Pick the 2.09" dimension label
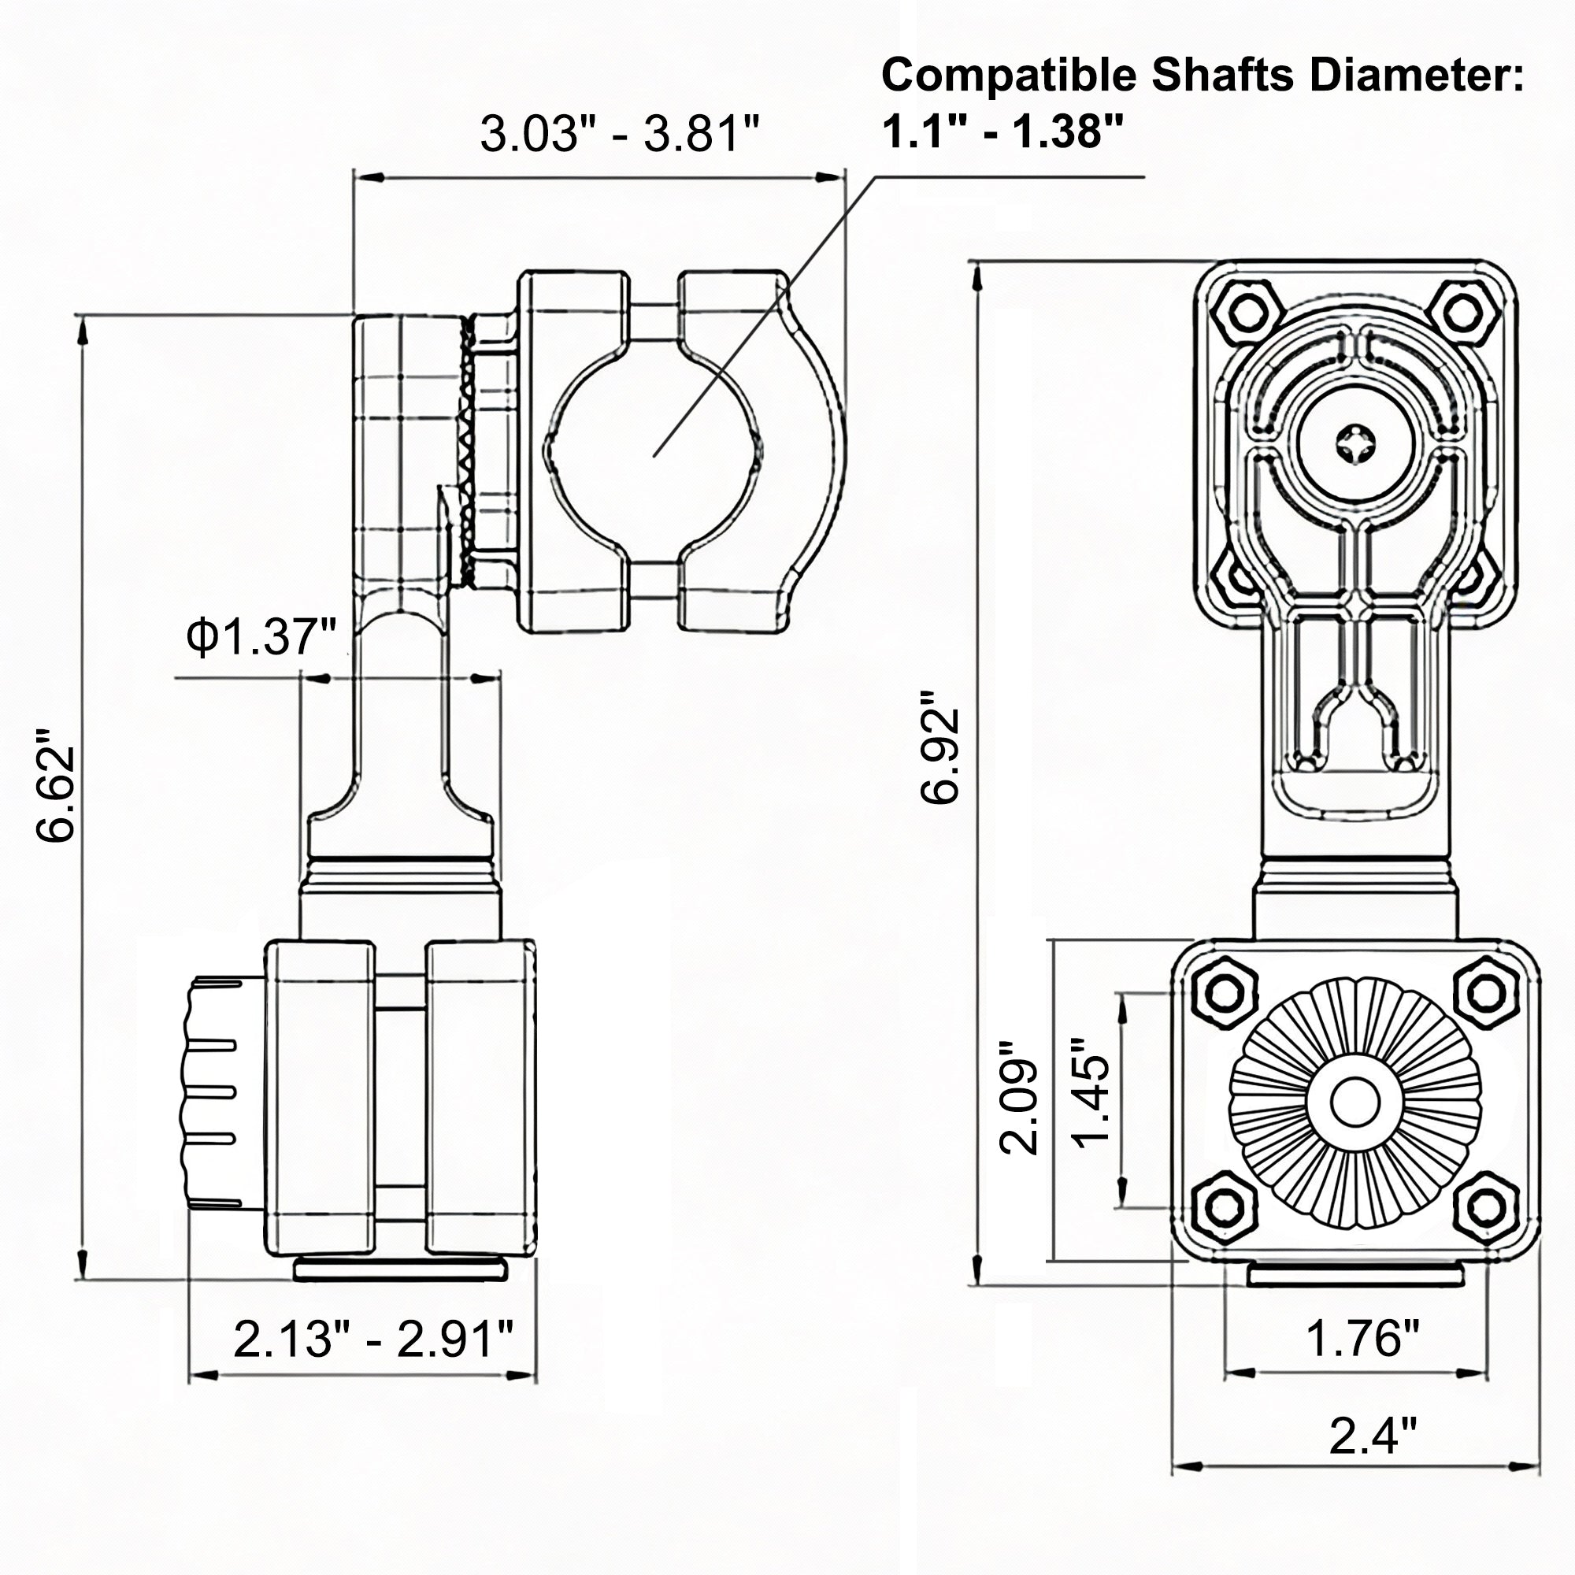click(1020, 1096)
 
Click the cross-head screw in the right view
click(1354, 444)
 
